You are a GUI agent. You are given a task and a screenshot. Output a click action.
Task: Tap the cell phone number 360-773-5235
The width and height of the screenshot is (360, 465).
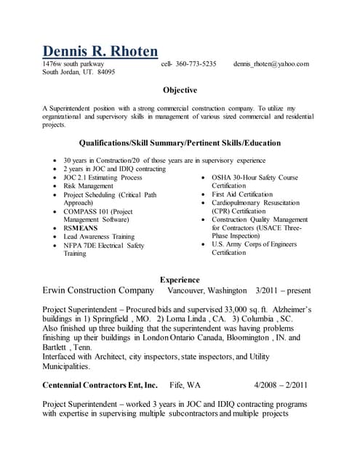[196, 64]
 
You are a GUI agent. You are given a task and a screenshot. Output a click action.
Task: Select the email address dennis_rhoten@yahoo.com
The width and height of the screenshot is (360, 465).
[271, 64]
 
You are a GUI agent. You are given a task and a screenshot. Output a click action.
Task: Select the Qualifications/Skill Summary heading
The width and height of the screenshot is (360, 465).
[180, 143]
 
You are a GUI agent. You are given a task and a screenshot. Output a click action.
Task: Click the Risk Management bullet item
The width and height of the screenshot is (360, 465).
[88, 186]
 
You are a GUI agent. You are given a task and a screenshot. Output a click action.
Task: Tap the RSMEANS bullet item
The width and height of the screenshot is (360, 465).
[81, 228]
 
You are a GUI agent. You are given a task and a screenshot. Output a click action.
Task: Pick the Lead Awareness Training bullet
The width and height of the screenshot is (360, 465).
[98, 237]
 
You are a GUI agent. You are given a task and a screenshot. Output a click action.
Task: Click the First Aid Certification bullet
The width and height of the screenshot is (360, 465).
[242, 195]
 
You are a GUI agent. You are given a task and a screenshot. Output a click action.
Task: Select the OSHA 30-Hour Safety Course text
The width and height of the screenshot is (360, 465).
[255, 177]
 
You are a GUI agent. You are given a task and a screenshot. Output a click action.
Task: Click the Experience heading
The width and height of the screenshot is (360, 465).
[180, 279]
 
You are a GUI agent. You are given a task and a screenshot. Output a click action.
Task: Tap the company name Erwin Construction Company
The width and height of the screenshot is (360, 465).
[98, 291]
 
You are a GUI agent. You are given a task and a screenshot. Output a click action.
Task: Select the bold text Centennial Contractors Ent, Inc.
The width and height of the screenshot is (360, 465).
[100, 385]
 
